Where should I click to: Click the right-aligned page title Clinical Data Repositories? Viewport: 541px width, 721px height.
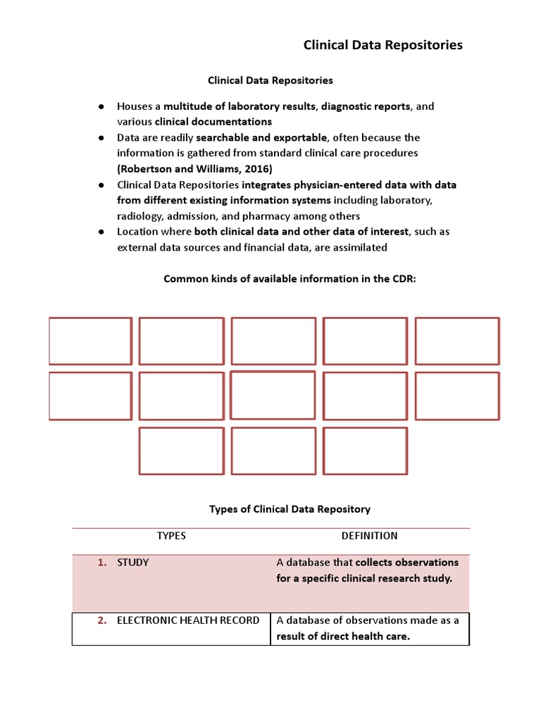383,45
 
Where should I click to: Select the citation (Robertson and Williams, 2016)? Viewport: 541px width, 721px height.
194,169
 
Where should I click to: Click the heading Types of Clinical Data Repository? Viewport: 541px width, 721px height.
290,509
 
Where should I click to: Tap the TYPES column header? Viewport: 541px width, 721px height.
171,536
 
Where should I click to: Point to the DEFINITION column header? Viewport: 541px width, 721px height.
369,536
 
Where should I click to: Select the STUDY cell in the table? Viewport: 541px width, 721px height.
132,563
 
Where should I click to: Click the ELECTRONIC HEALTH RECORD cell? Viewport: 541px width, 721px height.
187,620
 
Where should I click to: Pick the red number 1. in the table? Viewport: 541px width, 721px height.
101,563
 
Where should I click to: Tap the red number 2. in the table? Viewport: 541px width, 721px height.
101,620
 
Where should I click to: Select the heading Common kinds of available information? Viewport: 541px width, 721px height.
290,279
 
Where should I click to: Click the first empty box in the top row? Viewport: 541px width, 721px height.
90,341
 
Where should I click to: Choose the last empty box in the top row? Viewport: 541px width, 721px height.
457,341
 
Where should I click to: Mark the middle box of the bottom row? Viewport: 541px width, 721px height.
273,451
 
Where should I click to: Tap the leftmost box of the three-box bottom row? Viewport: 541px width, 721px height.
181,451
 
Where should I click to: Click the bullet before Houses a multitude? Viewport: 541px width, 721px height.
101,107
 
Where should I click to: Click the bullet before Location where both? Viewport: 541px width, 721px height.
101,232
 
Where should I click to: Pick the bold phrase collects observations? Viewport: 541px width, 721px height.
407,563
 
